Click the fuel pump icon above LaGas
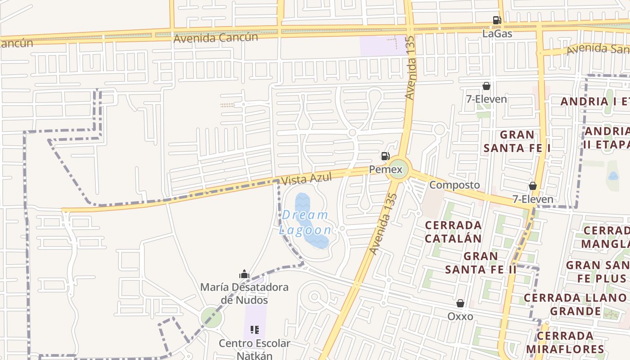(497, 20)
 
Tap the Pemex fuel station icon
(385, 157)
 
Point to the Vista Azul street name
(306, 179)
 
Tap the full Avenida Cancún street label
(216, 38)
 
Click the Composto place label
(454, 185)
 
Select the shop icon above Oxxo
(460, 304)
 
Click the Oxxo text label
(460, 316)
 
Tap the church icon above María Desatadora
(244, 274)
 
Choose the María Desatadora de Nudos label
(244, 293)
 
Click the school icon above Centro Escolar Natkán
(255, 330)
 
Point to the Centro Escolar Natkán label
(255, 350)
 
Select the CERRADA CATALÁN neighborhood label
(453, 231)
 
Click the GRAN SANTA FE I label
(517, 141)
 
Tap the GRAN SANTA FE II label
(481, 263)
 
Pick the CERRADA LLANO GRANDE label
(575, 304)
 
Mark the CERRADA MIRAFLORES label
(565, 342)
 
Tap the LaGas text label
(497, 33)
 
